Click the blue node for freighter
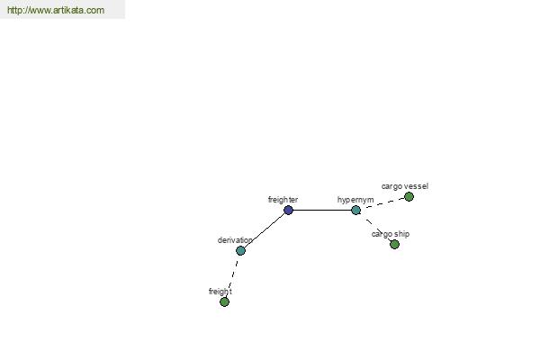click(x=288, y=210)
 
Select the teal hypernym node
click(x=355, y=210)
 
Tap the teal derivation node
click(x=240, y=250)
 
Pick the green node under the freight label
click(x=224, y=301)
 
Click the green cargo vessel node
click(x=409, y=197)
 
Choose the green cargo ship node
click(x=394, y=244)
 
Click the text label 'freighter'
click(x=283, y=200)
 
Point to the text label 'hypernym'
click(x=355, y=200)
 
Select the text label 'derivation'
click(x=235, y=240)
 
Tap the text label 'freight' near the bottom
click(x=220, y=292)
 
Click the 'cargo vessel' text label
click(x=405, y=186)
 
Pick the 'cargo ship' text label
click(x=391, y=234)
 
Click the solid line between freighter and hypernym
click(x=322, y=210)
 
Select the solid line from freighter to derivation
click(x=265, y=230)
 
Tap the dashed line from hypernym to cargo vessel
click(x=382, y=203)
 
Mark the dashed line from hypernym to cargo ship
click(x=375, y=227)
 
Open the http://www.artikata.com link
click(x=56, y=10)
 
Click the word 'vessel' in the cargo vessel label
click(x=417, y=186)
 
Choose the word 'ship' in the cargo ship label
click(x=402, y=234)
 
